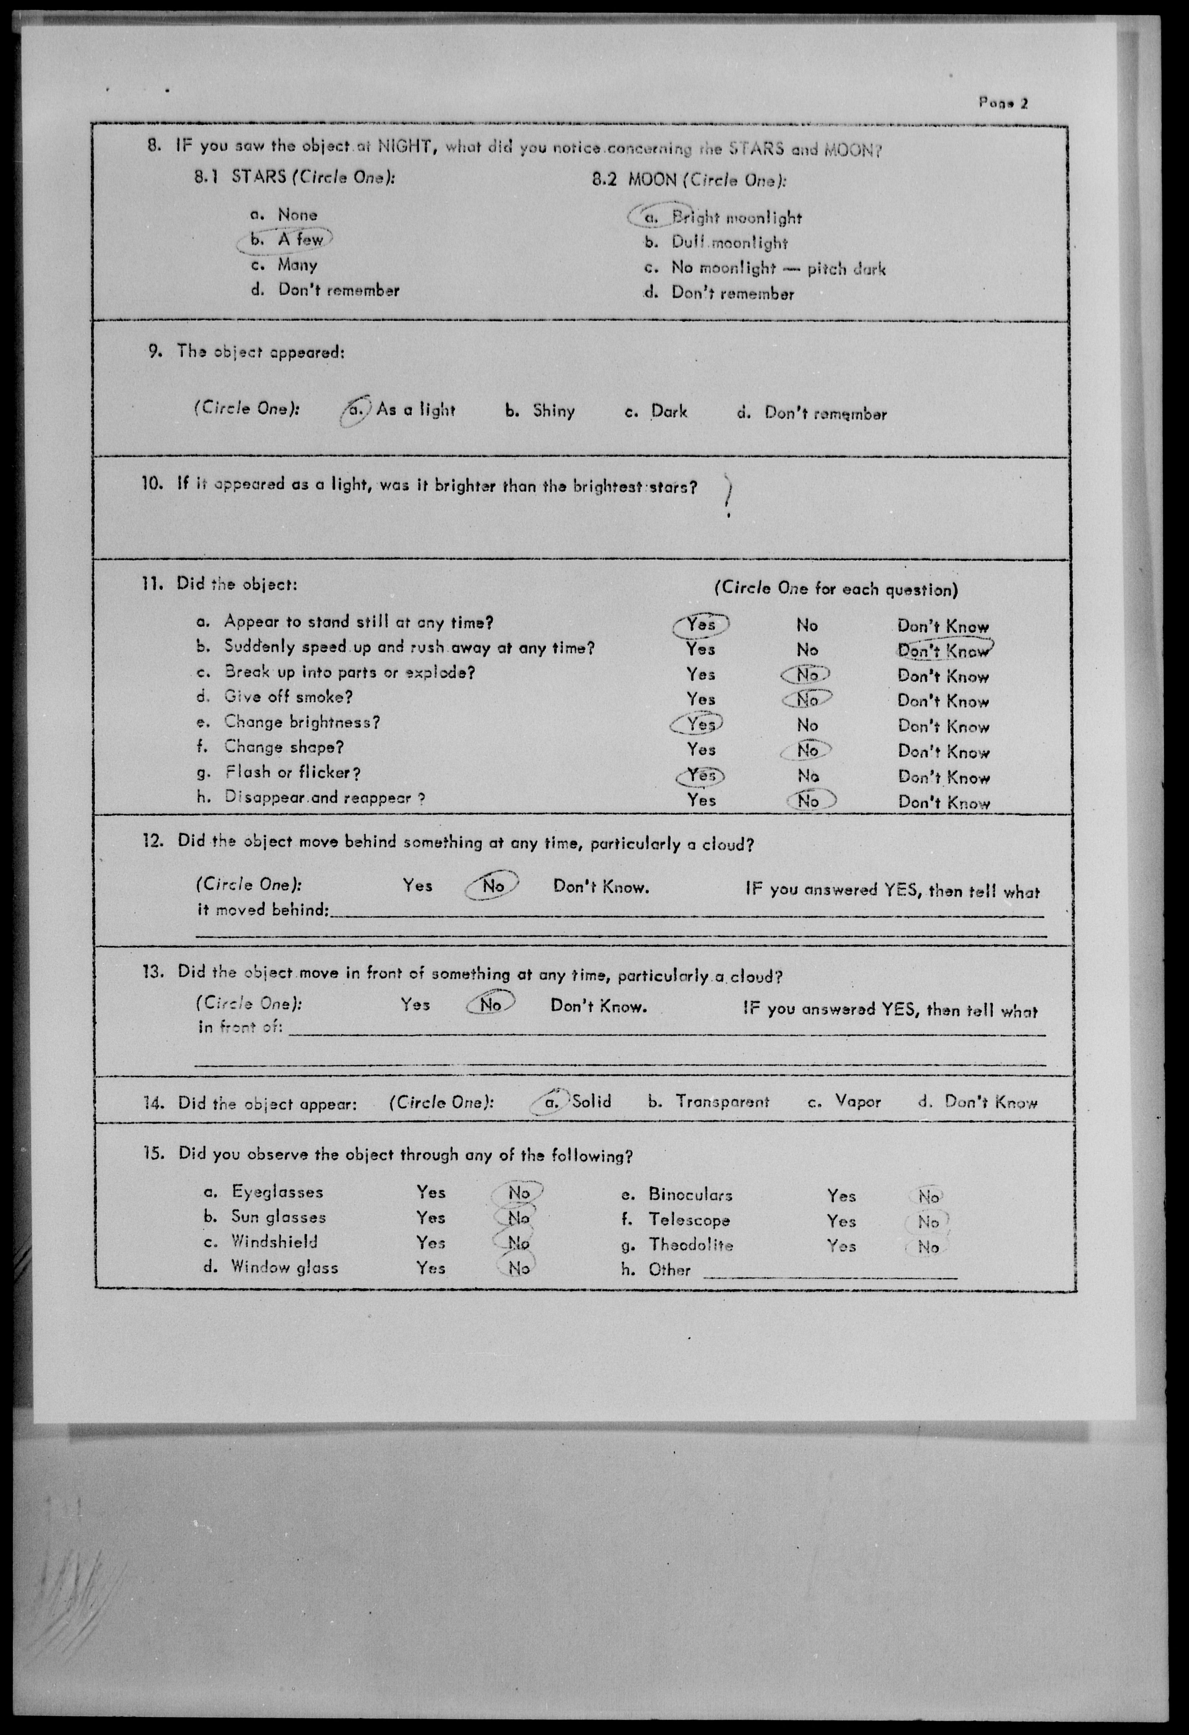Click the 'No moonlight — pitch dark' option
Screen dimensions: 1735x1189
(x=778, y=268)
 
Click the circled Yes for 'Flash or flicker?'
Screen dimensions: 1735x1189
(x=701, y=776)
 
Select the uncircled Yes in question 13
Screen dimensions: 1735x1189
(x=415, y=1004)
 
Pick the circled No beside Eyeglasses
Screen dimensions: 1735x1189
(x=518, y=1192)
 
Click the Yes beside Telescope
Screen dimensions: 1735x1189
(x=841, y=1221)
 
